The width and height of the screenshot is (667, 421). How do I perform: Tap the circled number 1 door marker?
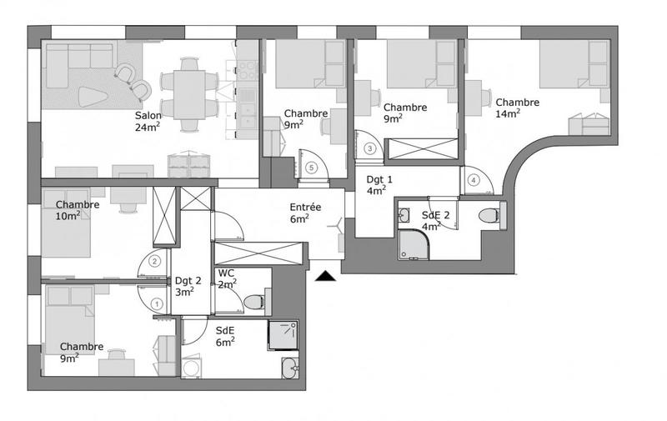tap(158, 305)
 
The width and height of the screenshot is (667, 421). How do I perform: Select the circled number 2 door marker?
tap(154, 260)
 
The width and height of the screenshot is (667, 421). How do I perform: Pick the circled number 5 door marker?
tap(312, 167)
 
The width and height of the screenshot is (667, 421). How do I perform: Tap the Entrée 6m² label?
tap(304, 213)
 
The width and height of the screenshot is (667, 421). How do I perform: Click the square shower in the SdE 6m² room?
tap(282, 334)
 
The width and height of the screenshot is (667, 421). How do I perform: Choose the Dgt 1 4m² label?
tap(377, 184)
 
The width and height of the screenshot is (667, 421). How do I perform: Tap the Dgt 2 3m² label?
tap(184, 286)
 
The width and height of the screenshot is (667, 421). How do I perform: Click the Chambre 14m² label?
tap(517, 108)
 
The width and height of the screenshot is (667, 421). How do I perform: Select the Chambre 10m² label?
tap(78, 210)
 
